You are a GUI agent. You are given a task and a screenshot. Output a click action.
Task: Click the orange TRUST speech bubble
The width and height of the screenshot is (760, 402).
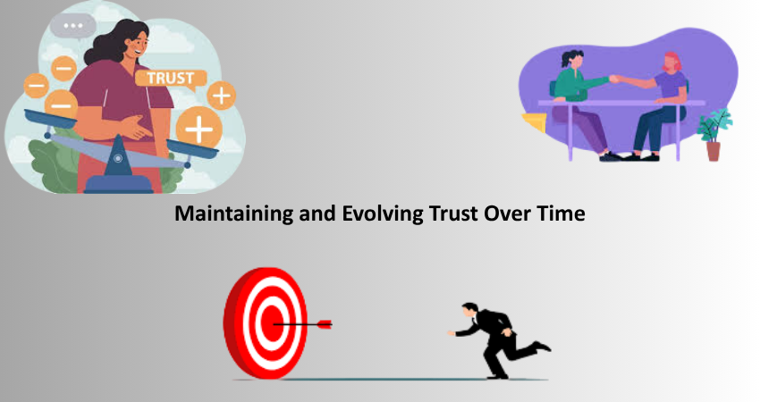pos(171,79)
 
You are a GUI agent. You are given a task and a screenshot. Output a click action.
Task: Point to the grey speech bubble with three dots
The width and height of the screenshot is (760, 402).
pos(73,26)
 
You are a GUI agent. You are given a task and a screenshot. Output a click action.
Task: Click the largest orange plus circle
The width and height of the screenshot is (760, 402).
pos(198,129)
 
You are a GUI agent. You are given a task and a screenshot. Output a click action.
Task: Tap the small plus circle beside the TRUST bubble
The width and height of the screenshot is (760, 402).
pos(222,96)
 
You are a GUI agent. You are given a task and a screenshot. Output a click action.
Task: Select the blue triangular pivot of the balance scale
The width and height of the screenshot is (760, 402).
pos(118,156)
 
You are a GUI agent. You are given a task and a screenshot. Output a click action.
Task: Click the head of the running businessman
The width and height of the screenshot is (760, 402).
pos(470,310)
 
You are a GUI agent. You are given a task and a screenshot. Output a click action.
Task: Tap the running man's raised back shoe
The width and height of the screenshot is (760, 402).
pos(543,346)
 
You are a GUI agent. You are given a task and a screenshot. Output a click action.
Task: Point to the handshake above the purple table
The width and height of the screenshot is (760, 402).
pos(615,79)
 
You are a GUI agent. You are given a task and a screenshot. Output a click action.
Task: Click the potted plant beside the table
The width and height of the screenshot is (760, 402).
pos(714,135)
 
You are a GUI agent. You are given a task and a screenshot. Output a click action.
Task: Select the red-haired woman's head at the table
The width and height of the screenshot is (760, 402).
pos(671,62)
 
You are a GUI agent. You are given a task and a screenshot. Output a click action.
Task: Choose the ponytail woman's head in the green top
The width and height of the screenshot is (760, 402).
pos(573,59)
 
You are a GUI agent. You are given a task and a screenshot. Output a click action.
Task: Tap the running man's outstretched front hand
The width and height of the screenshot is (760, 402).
pos(452,333)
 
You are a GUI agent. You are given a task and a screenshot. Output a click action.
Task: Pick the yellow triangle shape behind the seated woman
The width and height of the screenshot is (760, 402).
pos(535,122)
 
